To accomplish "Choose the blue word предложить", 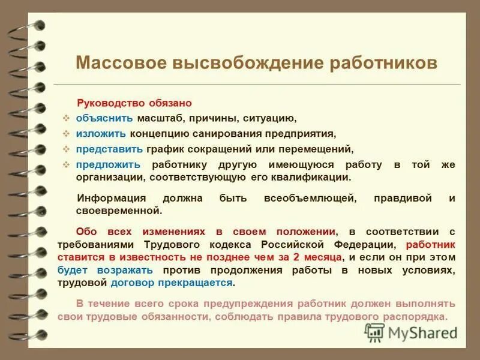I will [x=109, y=164].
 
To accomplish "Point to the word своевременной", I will [x=119, y=211].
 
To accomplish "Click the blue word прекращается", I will [x=203, y=283].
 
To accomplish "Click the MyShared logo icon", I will [x=375, y=332].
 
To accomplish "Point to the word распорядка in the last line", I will [x=422, y=317].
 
